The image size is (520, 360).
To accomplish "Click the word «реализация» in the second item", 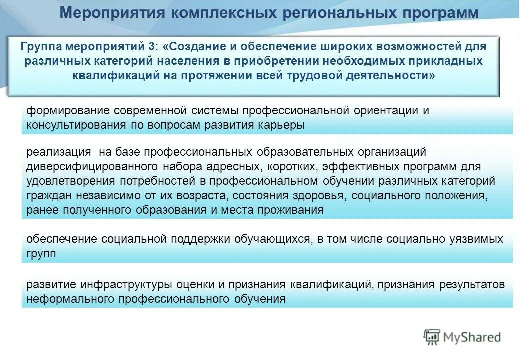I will click(59, 152).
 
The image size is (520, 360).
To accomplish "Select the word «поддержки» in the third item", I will click(198, 239).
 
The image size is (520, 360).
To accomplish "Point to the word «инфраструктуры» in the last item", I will click(129, 285).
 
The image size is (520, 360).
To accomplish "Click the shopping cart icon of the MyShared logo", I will click(432, 337).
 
